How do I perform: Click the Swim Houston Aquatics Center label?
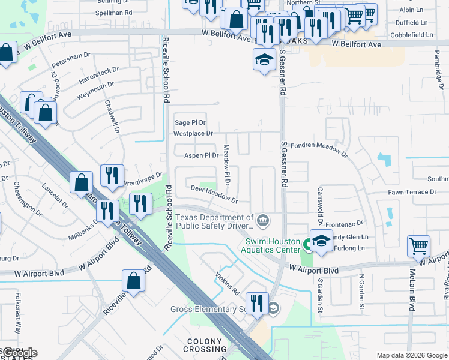click(271, 245)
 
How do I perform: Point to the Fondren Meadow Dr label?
click(319, 150)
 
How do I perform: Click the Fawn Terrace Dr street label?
click(412, 192)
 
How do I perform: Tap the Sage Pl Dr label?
click(190, 122)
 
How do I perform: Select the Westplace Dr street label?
click(193, 133)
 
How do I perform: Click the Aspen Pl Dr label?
click(200, 155)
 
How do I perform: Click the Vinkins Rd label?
click(228, 284)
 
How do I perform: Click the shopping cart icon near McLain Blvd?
click(418, 246)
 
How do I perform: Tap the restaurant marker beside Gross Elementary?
click(257, 302)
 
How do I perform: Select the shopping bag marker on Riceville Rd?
click(133, 280)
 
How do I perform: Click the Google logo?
click(19, 353)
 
